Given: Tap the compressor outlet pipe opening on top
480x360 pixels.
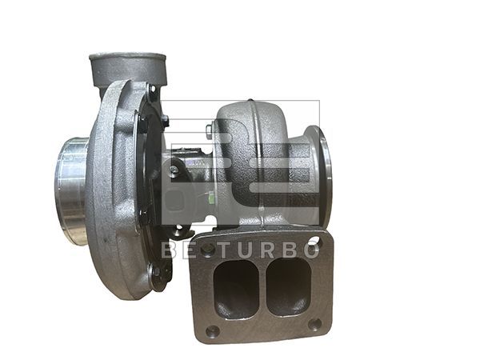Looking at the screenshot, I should (127, 61).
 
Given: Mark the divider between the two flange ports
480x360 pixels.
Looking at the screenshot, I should (262, 288).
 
